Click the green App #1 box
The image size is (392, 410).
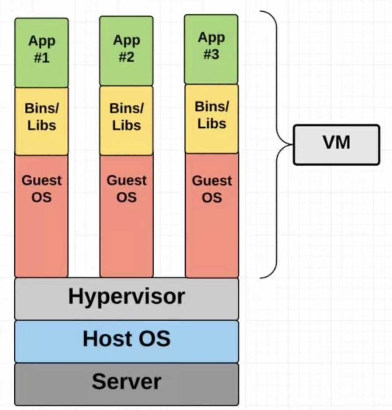(41, 53)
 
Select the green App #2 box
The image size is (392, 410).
(126, 51)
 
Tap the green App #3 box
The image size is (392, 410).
(211, 49)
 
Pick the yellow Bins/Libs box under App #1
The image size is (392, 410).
(41, 121)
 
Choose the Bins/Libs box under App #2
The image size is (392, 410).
(126, 120)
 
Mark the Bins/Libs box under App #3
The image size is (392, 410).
(211, 119)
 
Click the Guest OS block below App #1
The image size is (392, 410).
(41, 215)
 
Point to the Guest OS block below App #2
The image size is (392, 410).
(126, 215)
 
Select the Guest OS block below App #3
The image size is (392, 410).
(211, 215)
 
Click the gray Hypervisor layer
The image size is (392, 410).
(126, 298)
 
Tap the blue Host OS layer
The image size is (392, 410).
(126, 341)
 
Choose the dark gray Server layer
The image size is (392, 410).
(126, 384)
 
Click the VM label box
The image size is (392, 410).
(336, 144)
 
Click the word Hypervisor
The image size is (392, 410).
(126, 297)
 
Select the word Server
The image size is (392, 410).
(126, 381)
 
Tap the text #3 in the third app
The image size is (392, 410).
(211, 54)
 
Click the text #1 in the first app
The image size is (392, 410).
(42, 58)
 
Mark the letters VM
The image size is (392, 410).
(336, 143)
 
